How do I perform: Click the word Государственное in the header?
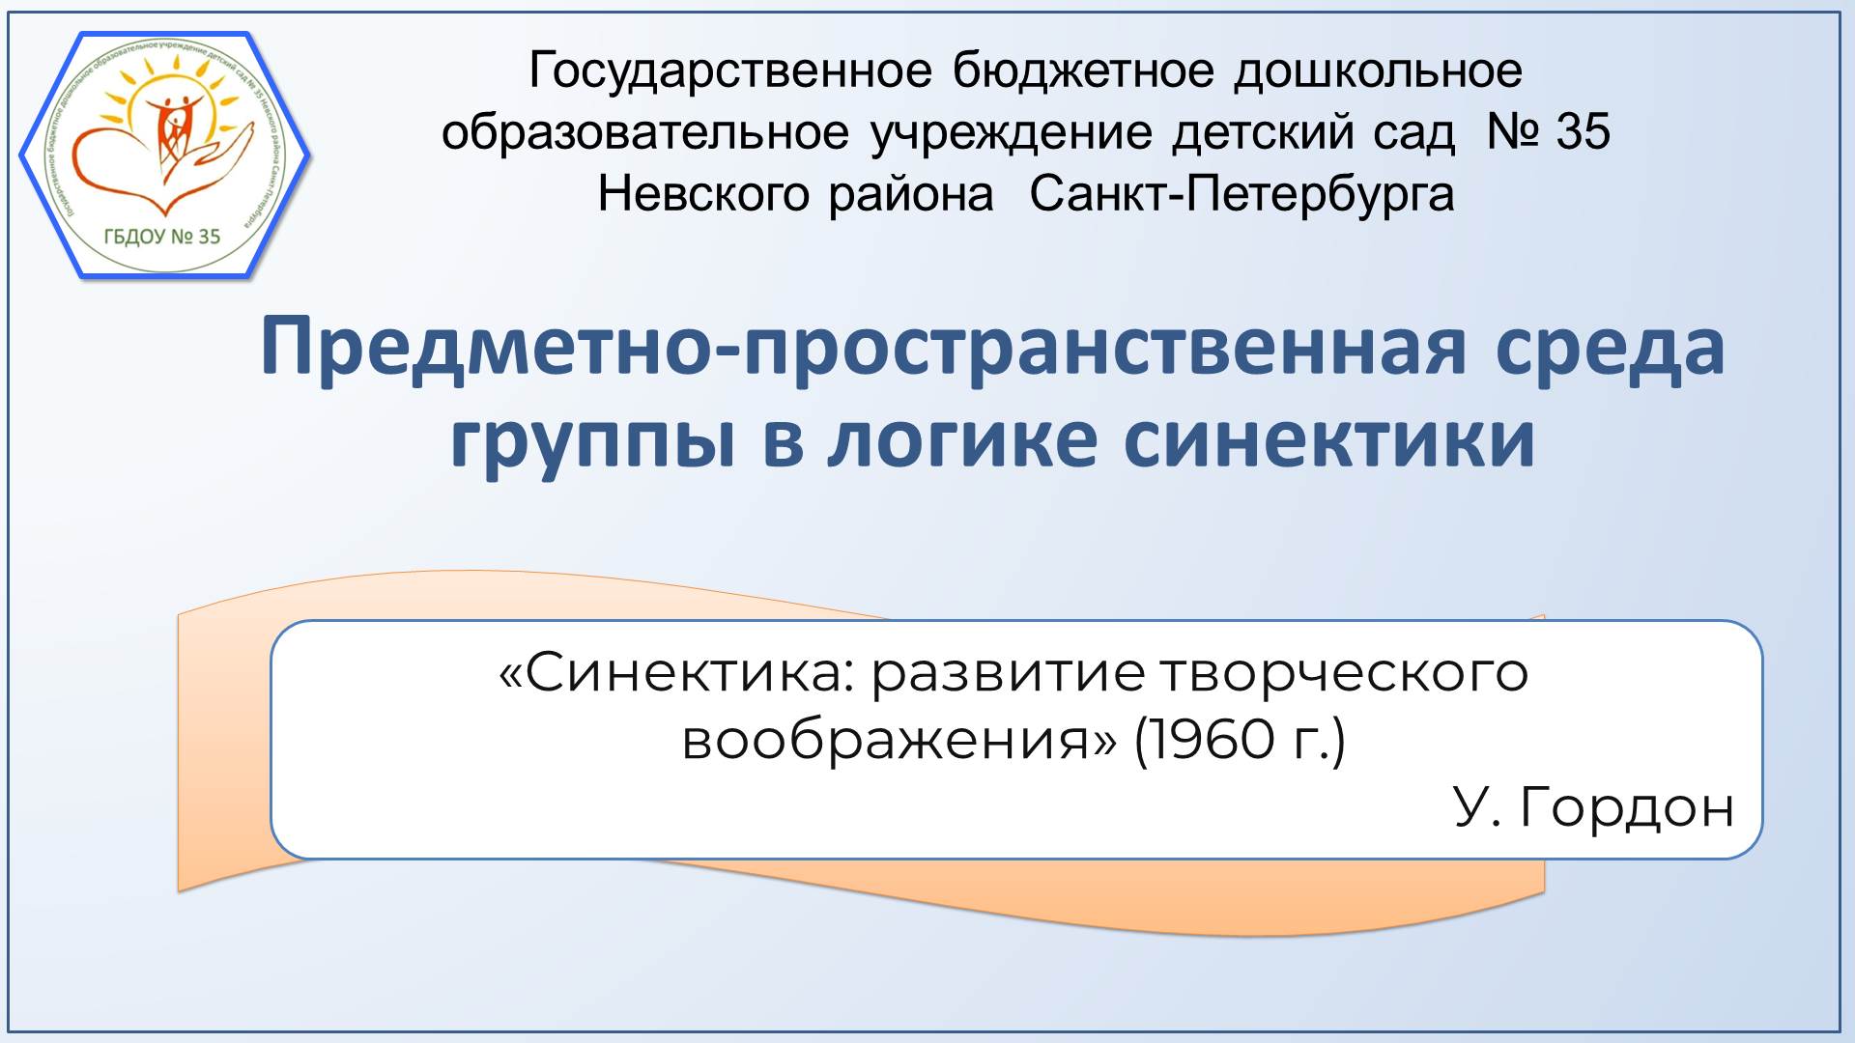729,71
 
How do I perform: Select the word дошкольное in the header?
1378,71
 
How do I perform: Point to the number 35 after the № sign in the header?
1583,132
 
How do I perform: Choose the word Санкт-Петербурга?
1241,194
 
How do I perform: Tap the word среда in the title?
1610,348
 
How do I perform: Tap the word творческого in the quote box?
1343,675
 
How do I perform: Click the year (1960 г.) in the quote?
1240,742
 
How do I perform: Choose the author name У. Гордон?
1593,807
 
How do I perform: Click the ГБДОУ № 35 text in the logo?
162,237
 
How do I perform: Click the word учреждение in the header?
1012,132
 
